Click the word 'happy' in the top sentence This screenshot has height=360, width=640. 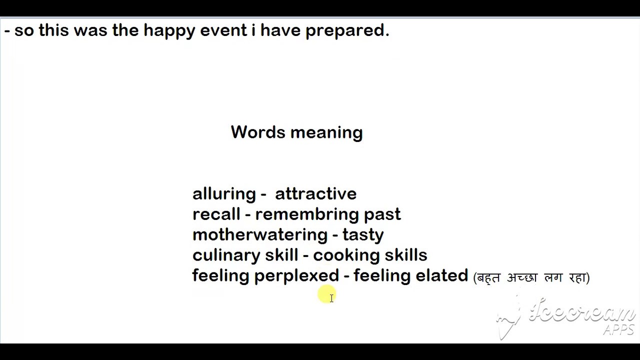coord(169,31)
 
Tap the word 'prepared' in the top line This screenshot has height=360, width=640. coord(347,31)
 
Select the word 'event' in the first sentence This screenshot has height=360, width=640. coord(223,31)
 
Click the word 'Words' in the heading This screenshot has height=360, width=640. coord(258,132)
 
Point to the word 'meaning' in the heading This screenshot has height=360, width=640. coord(326,133)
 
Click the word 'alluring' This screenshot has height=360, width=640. coord(224,194)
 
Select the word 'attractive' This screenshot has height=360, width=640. coord(315,194)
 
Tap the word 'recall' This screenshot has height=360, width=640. coord(216,214)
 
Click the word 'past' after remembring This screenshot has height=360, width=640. coord(382,215)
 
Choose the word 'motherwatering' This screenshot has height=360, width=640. coord(260,235)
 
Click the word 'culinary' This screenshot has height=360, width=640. coord(226,255)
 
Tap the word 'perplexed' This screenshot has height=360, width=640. coord(296,276)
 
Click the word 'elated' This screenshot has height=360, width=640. coord(442,276)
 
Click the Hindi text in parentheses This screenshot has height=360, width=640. coord(531,277)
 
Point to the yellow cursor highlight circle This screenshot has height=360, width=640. coord(326,294)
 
